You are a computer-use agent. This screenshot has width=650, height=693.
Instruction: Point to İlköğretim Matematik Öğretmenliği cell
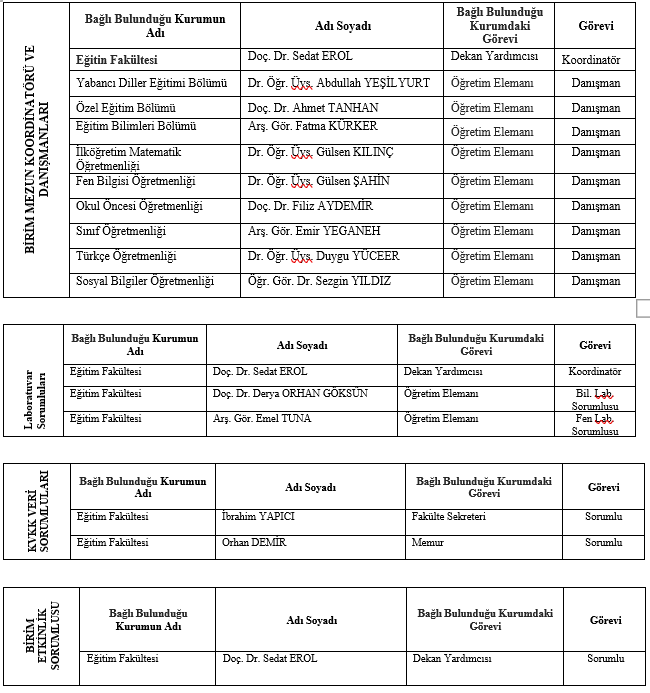click(129, 158)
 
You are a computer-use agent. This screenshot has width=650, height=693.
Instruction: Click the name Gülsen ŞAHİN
click(319, 182)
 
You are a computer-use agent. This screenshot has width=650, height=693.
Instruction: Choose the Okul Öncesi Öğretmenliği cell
click(139, 207)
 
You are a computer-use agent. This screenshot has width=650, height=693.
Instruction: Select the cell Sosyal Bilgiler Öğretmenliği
click(145, 281)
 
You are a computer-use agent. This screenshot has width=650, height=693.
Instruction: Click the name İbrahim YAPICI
click(258, 517)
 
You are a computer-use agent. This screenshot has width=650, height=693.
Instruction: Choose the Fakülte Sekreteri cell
click(449, 517)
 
